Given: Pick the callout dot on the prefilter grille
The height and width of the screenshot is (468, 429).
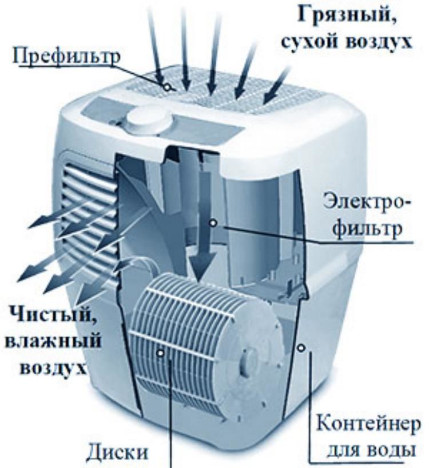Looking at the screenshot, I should (167, 87).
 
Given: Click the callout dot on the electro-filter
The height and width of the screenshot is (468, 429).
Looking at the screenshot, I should (213, 223).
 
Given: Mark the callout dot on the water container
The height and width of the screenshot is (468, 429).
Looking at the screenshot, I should (300, 346).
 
